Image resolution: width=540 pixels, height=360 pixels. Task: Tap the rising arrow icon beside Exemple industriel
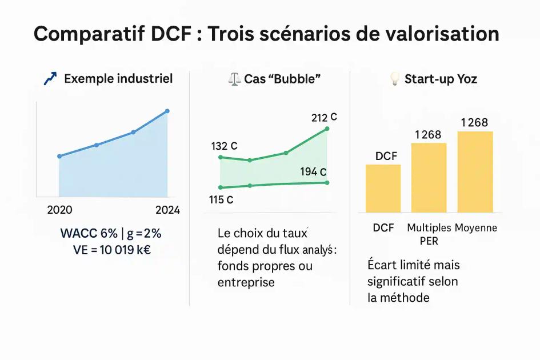(x=50, y=79)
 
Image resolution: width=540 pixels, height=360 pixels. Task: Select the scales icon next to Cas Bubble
(x=234, y=79)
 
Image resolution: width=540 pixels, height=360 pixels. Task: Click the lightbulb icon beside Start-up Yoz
(x=394, y=79)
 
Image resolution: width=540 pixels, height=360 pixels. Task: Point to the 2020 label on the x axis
(x=59, y=210)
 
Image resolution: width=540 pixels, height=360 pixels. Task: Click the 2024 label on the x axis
(x=167, y=210)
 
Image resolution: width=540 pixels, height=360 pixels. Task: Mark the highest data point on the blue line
(x=167, y=111)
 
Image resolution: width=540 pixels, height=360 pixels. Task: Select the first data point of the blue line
(x=59, y=156)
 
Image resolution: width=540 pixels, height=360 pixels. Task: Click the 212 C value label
(x=324, y=118)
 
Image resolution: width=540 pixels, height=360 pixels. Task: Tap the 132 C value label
(x=224, y=146)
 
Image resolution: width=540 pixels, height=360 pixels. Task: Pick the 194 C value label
(x=313, y=172)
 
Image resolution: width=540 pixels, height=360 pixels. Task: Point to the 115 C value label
(x=221, y=200)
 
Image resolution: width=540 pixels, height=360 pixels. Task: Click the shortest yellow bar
(x=383, y=189)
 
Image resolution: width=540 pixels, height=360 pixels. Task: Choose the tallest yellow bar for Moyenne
(x=475, y=171)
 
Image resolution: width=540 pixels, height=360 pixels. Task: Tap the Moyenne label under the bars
(x=476, y=227)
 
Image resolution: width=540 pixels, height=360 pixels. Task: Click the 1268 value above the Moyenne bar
(x=474, y=122)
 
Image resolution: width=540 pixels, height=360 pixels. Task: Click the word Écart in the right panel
(x=382, y=266)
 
